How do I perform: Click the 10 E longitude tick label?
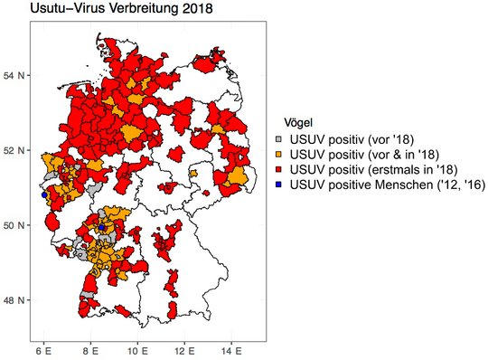137,349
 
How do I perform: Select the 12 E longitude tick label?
185,349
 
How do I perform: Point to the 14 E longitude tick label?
233,349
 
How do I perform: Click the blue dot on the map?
42,194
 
